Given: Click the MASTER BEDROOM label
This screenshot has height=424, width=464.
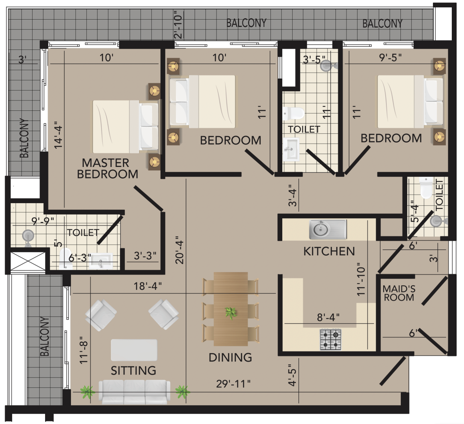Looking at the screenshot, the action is click(x=108, y=168).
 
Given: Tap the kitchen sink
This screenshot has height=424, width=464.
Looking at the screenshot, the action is click(x=328, y=229).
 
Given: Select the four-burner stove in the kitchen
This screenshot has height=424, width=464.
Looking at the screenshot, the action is click(x=331, y=339).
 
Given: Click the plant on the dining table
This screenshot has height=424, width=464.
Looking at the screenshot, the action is click(x=231, y=314).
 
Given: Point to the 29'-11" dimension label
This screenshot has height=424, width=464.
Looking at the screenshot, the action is click(x=233, y=384).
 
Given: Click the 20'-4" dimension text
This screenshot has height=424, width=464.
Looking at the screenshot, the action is click(x=180, y=250).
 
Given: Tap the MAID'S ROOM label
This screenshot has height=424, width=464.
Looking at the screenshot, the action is click(x=399, y=293).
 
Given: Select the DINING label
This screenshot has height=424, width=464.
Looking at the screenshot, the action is click(x=230, y=358).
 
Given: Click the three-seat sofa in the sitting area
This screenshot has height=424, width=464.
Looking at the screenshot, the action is click(x=134, y=392).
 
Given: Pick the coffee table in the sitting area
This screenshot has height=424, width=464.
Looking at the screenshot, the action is click(x=134, y=350).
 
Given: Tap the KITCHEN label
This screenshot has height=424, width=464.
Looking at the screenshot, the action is click(x=329, y=251).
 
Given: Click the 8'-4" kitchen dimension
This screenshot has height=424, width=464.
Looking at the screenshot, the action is click(x=328, y=317).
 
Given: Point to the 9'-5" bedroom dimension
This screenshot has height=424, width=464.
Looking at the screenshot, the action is click(x=390, y=58).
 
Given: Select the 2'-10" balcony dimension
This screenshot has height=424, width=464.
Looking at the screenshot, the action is click(x=178, y=24).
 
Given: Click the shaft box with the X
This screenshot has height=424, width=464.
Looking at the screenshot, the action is click(x=28, y=261).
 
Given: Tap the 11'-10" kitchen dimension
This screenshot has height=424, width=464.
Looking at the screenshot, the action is click(x=361, y=279).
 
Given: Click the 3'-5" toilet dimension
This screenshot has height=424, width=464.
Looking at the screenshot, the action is click(x=314, y=59).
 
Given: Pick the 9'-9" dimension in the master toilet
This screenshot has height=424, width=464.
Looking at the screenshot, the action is click(x=43, y=221).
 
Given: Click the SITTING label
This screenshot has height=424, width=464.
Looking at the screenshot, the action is click(x=133, y=370).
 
